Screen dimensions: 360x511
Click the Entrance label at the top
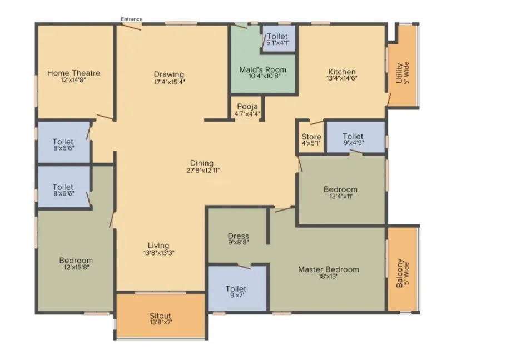pos(132,19)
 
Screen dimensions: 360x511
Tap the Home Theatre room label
pos(73,73)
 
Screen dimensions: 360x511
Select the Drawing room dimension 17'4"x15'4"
pos(169,82)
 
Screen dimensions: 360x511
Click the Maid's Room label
pos(263,69)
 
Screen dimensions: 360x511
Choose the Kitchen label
pos(342,72)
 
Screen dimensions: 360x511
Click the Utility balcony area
pos(403,72)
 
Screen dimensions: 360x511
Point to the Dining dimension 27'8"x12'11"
pos(201,171)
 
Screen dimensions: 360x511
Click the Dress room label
pos(238,236)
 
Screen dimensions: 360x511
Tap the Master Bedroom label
pos(328,269)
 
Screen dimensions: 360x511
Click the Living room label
pos(158,246)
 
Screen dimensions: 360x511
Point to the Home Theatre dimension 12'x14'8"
pos(73,80)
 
